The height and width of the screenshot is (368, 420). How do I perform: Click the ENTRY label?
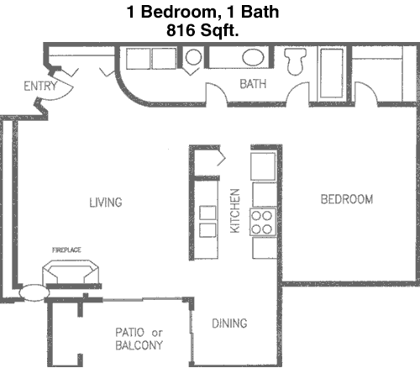40,86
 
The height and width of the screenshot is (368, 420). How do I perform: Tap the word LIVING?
106,202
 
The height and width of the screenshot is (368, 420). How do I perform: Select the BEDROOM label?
347,199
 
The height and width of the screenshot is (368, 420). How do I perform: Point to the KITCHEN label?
235,211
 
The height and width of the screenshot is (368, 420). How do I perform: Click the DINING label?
229,323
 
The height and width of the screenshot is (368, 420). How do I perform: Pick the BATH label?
253,84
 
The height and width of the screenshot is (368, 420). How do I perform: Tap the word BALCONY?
139,345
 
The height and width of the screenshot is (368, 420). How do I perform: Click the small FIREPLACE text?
66,250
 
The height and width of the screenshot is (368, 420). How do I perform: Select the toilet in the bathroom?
295,61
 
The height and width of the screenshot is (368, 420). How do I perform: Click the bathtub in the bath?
332,73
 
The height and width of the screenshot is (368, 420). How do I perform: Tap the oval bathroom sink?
253,57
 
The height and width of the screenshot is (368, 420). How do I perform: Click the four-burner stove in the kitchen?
263,223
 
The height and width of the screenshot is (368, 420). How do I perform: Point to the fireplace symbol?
71,271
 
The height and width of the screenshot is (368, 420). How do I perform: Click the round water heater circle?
193,57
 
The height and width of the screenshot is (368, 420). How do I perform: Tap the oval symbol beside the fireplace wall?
34,293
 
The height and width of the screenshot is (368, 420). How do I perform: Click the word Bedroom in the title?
178,12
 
